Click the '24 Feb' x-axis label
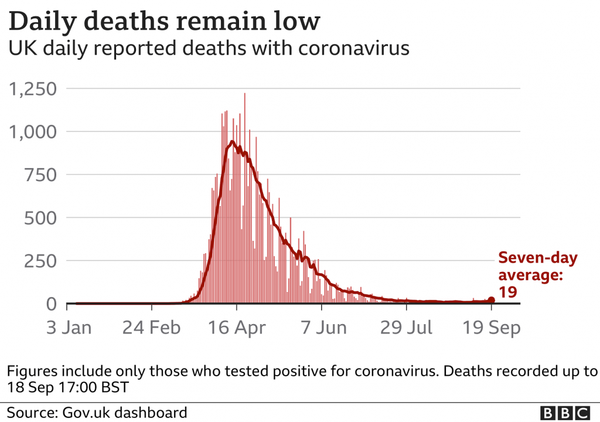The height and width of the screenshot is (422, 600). pos(152,327)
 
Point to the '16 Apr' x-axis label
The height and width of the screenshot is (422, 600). pos(237,327)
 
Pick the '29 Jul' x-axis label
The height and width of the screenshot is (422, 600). pos(407,327)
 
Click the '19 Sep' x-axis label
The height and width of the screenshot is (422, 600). pos(492,327)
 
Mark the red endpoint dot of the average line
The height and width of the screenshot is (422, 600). pos(491,300)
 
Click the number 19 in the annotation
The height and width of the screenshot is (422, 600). pos(508,291)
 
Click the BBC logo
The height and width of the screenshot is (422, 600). pos(565,413)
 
